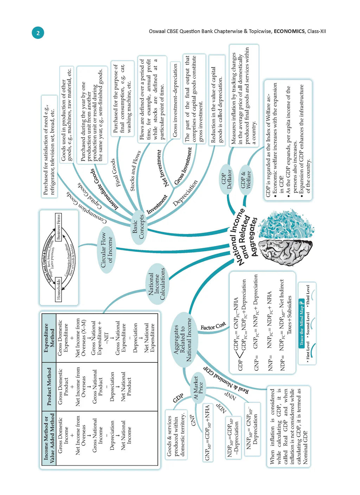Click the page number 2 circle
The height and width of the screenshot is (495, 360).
[x=38, y=33]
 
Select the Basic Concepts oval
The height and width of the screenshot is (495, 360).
[x=139, y=227]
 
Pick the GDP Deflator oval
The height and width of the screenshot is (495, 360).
[x=227, y=179]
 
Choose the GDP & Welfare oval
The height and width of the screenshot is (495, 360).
[x=246, y=180]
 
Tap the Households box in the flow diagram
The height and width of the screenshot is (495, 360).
[x=59, y=289]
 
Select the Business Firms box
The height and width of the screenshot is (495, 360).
[x=59, y=227]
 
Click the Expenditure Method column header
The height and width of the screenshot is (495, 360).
[x=49, y=333]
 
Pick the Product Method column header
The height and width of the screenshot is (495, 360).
[x=49, y=386]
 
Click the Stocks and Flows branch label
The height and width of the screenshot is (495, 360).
[x=135, y=171]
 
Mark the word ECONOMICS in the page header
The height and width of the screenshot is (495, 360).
[x=289, y=31]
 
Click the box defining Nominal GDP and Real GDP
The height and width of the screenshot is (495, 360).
[x=288, y=426]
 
